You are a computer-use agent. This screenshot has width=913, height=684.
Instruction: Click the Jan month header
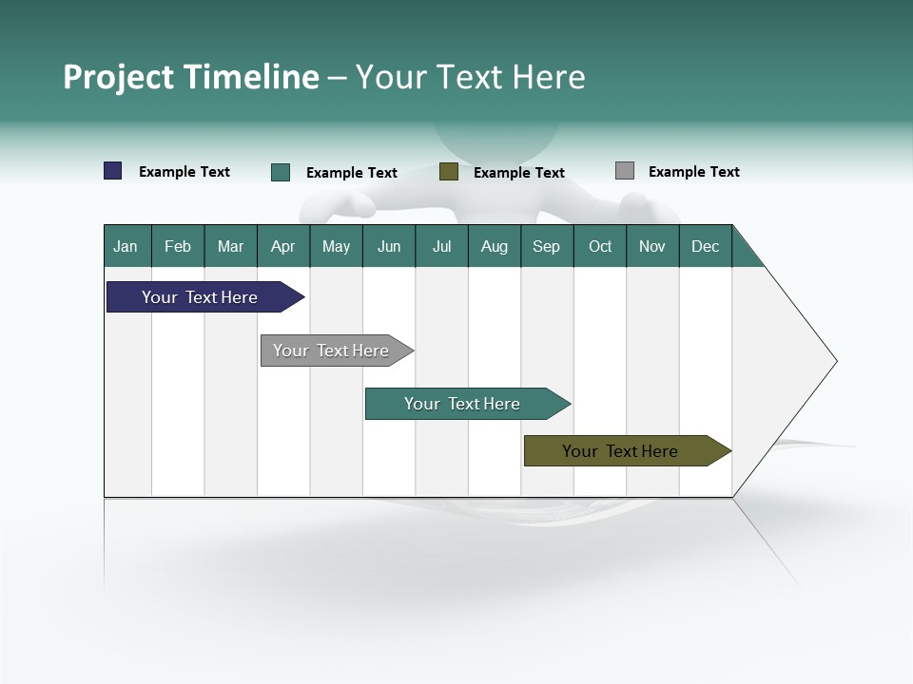click(x=126, y=246)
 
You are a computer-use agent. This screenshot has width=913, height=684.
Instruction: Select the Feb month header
click(x=178, y=246)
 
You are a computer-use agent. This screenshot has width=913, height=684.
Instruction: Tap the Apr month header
click(x=283, y=246)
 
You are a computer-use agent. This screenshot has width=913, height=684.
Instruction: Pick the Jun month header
click(x=389, y=246)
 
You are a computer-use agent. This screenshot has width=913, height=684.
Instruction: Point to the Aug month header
click(x=495, y=246)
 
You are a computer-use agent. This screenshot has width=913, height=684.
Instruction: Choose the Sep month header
click(x=547, y=246)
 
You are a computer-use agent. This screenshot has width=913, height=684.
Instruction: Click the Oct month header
click(x=600, y=246)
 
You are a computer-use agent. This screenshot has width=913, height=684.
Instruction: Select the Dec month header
click(x=706, y=246)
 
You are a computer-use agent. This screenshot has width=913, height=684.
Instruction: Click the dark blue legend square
click(x=113, y=171)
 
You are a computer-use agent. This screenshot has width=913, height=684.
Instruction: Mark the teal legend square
click(x=281, y=172)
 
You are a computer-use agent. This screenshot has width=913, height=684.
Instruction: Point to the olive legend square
click(x=449, y=172)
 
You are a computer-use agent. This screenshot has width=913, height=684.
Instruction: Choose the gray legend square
click(x=625, y=171)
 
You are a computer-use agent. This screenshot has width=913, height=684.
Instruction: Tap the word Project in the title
click(x=118, y=77)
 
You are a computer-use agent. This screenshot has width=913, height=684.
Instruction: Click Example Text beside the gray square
click(x=693, y=172)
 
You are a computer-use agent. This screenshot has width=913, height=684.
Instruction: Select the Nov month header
click(x=652, y=246)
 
